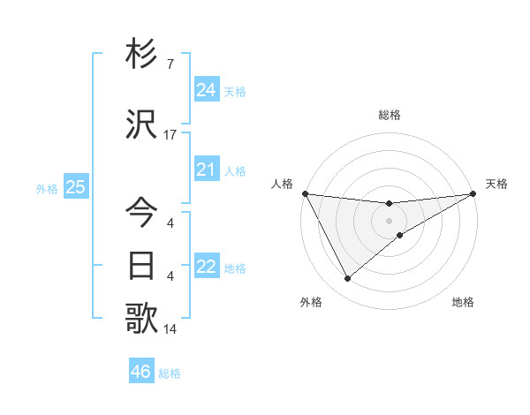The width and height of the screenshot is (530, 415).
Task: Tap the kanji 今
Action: (x=142, y=213)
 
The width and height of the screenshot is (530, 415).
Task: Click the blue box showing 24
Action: (x=206, y=90)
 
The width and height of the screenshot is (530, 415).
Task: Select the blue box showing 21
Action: (x=206, y=170)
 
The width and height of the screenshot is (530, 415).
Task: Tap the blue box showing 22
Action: (x=206, y=267)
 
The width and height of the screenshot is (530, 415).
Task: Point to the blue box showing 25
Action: (x=75, y=187)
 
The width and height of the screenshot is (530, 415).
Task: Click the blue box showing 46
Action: (x=140, y=372)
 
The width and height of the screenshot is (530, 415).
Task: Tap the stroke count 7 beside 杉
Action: (x=170, y=65)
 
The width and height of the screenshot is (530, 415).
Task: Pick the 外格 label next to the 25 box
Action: (x=47, y=188)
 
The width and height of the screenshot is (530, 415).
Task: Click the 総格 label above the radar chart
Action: (x=390, y=115)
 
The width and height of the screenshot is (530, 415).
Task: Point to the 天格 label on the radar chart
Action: (x=497, y=184)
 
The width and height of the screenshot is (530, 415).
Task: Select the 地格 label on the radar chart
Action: (x=463, y=302)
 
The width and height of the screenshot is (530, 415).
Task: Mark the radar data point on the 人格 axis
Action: (x=306, y=193)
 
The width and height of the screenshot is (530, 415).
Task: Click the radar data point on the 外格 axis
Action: (x=347, y=279)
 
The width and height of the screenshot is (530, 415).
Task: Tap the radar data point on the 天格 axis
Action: (x=473, y=193)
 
